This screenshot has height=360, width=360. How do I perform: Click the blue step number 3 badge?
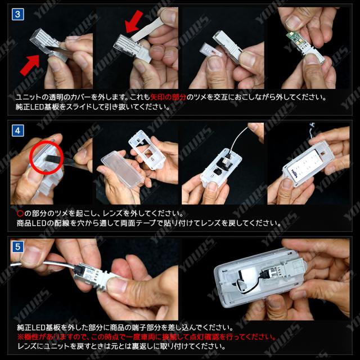click(x=17, y=15)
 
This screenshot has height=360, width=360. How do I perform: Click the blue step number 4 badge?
click(x=17, y=130)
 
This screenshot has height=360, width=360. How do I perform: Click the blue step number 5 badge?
click(x=17, y=247)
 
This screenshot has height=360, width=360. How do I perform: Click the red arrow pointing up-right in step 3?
click(x=30, y=65)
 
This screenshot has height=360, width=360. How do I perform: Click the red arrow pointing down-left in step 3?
click(x=134, y=21)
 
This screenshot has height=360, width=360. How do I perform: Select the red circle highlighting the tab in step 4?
click(x=46, y=157)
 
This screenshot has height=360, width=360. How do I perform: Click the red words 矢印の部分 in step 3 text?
click(x=168, y=97)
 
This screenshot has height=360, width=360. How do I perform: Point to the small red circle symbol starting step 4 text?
click(x=20, y=214)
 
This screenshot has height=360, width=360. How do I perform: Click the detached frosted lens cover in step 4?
click(x=121, y=169)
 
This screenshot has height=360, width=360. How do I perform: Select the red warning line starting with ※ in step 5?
click(x=146, y=337)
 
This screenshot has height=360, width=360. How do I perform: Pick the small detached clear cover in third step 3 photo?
click(x=209, y=49)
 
